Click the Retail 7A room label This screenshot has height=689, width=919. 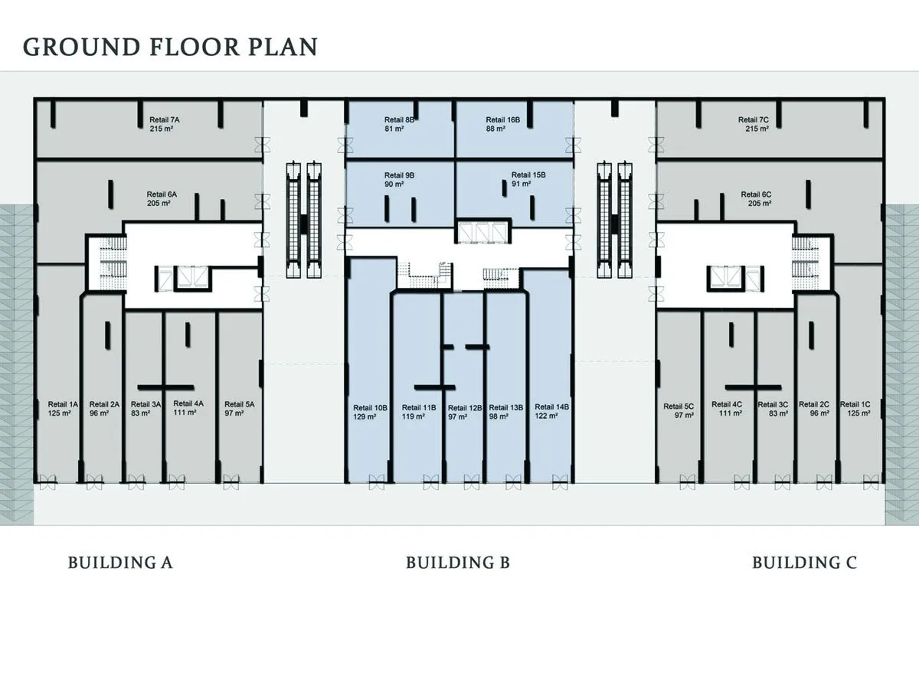click(165, 120)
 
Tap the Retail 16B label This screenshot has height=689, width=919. click(503, 120)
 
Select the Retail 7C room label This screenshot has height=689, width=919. click(754, 120)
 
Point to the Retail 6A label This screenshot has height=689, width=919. click(162, 194)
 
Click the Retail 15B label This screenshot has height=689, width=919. click(528, 175)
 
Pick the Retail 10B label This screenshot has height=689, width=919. click(370, 408)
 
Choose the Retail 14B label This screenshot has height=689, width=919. click(552, 407)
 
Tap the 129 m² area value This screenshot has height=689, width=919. click(365, 416)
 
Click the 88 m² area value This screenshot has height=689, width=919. click(495, 129)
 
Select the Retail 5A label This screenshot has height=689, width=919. click(240, 404)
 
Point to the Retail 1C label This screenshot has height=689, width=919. click(855, 404)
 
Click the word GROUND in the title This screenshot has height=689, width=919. click(81, 47)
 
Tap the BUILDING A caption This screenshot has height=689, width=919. click(120, 563)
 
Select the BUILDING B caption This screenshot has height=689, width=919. click(458, 563)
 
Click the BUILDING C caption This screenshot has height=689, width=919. click(804, 563)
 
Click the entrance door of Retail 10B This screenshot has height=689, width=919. click(376, 482)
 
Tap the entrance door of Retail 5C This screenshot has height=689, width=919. click(688, 482)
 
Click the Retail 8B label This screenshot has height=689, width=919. click(400, 120)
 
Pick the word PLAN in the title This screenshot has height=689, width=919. click(283, 47)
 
